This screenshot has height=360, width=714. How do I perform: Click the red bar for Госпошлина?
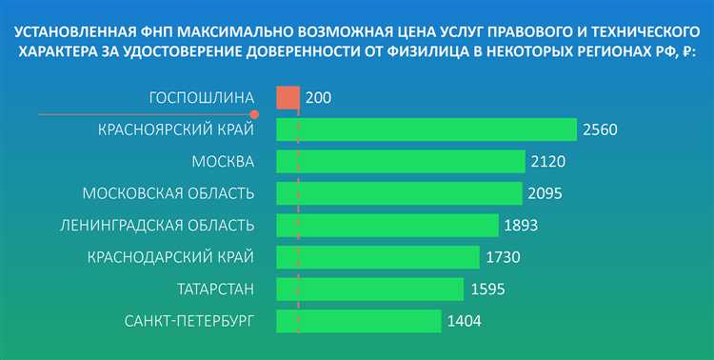[x=288, y=97]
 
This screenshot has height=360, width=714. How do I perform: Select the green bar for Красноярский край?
[x=426, y=130]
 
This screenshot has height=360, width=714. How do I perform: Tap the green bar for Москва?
[x=401, y=161]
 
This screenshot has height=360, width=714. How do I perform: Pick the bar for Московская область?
[x=400, y=193]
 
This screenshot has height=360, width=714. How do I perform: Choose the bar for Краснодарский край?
[x=378, y=257]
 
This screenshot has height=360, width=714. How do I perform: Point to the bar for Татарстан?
[x=369, y=289]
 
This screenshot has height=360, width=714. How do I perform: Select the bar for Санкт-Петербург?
[x=359, y=321]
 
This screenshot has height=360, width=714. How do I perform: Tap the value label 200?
[x=320, y=97]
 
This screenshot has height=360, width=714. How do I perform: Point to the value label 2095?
[x=545, y=193]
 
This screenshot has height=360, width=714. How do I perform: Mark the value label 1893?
[x=521, y=226]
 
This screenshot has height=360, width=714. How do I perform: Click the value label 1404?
[x=464, y=321]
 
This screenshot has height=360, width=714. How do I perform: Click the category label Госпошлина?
[x=202, y=97]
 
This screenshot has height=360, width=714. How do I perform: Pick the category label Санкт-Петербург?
[x=189, y=321]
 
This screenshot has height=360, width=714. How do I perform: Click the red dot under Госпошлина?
[x=254, y=113]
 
